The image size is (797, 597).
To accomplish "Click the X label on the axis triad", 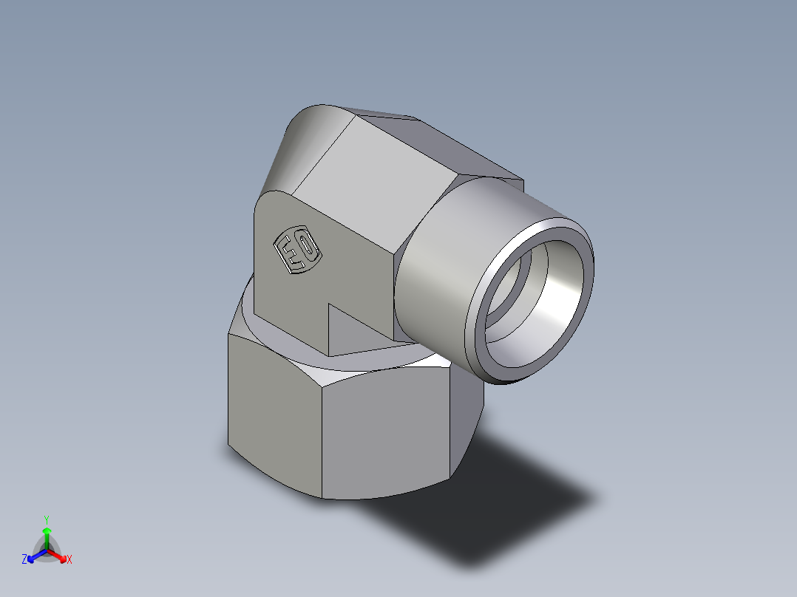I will [x=69, y=560].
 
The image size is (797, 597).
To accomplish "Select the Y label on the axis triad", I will [x=46, y=519].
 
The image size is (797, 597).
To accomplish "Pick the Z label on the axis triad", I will [x=24, y=560].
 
